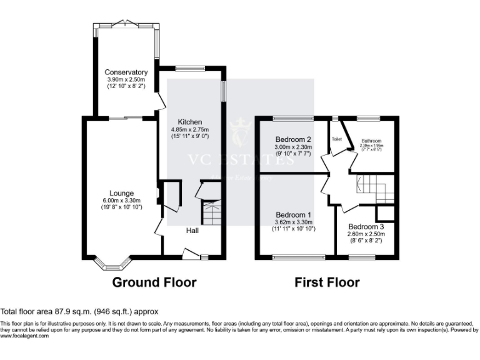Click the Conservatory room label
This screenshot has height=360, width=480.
[x=125, y=72]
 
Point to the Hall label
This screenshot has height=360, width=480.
[x=192, y=231]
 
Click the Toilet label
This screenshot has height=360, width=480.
[x=337, y=139]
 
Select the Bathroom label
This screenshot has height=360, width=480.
[x=371, y=141]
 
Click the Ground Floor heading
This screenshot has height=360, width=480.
[x=154, y=282]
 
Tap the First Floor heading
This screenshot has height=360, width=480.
[x=327, y=282]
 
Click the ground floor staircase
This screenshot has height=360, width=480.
[x=211, y=214]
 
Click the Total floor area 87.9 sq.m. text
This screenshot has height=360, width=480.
[x=79, y=311]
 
